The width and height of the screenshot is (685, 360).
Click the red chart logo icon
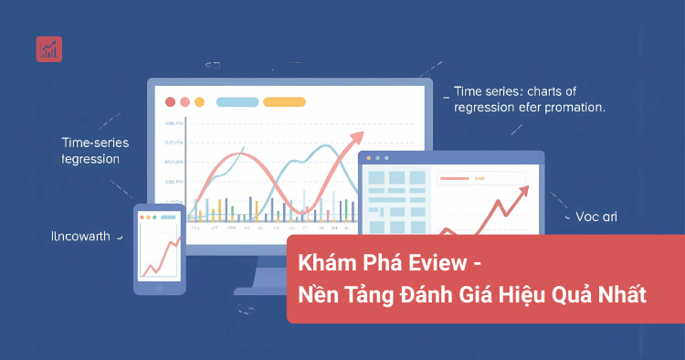(x=49, y=49)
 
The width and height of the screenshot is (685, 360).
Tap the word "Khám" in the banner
(x=326, y=263)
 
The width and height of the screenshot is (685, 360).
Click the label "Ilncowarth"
(x=80, y=237)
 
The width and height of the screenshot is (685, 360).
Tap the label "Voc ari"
(x=597, y=217)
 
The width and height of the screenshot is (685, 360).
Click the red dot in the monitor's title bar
(x=170, y=102)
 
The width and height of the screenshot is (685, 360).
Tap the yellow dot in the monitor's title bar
(x=200, y=102)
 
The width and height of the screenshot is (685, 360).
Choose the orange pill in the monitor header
(x=284, y=102)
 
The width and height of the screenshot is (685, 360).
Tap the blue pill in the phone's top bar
(x=167, y=217)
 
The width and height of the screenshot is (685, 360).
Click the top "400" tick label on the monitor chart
(x=174, y=122)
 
